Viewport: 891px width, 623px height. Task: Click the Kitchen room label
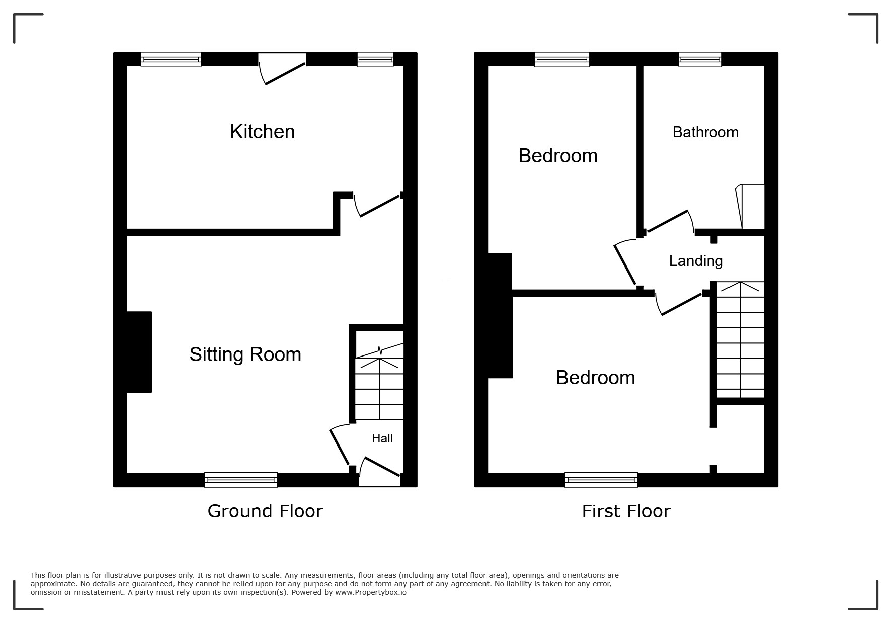[262, 132]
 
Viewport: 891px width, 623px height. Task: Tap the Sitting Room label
[245, 354]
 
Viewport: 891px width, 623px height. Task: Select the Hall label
[382, 438]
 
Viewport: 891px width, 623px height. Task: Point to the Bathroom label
[705, 132]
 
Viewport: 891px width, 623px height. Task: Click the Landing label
[696, 261]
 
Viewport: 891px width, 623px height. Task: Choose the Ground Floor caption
[265, 511]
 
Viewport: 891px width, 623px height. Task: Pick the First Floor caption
[626, 512]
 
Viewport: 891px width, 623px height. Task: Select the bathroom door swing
[669, 221]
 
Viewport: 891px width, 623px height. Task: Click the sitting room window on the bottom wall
[241, 480]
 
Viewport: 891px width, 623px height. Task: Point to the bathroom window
[700, 59]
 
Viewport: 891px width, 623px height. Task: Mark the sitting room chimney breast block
[139, 352]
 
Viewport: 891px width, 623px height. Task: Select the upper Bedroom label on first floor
[558, 156]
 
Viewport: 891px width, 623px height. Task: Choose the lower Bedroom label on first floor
[595, 378]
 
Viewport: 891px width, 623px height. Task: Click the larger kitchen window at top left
[171, 59]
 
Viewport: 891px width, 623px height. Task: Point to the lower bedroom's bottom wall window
[601, 480]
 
